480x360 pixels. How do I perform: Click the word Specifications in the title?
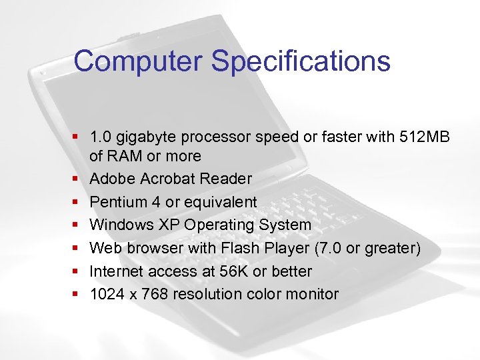(x=301, y=61)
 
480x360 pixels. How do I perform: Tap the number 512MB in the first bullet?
(x=425, y=137)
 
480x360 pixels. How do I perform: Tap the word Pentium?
(x=117, y=202)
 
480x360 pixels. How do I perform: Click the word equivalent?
(x=219, y=202)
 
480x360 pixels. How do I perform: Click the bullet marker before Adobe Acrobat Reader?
(x=79, y=179)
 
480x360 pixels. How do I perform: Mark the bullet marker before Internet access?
(x=79, y=271)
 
